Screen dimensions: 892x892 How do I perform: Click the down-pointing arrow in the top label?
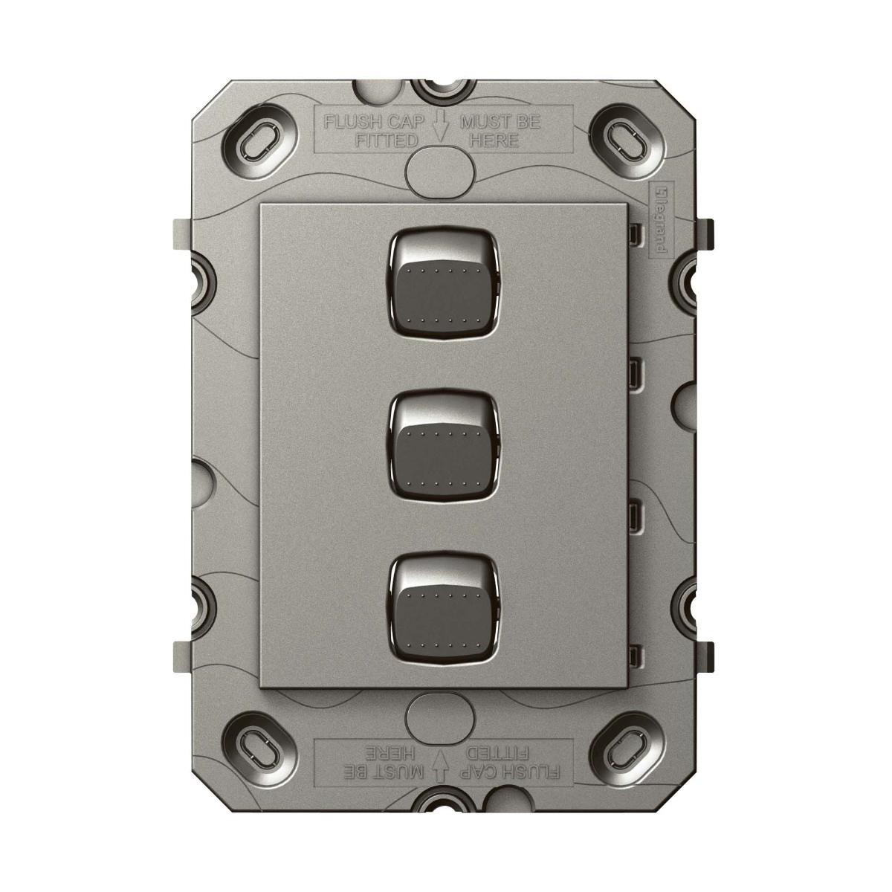point(440,127)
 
